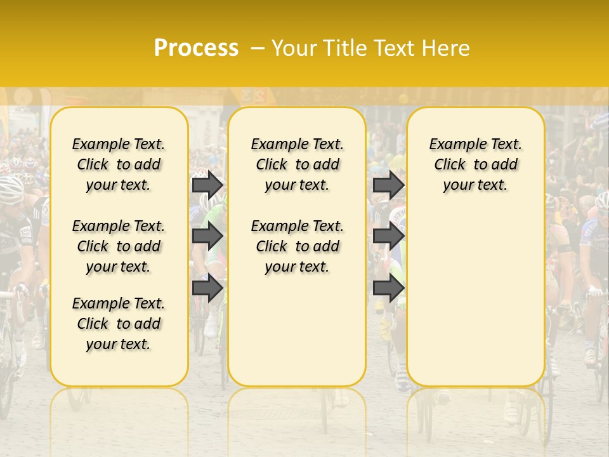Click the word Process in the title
196,48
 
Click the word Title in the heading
343,48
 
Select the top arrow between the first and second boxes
207,185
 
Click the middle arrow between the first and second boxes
207,237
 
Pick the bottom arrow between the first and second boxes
207,288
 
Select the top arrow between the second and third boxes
388,185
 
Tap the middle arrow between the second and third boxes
388,237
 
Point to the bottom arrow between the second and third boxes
388,288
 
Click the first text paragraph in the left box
119,164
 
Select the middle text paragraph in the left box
119,246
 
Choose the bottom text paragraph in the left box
119,324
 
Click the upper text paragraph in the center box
297,164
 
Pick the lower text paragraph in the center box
297,246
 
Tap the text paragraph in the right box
475,164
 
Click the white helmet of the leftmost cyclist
11,186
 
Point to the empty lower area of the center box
297,330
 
